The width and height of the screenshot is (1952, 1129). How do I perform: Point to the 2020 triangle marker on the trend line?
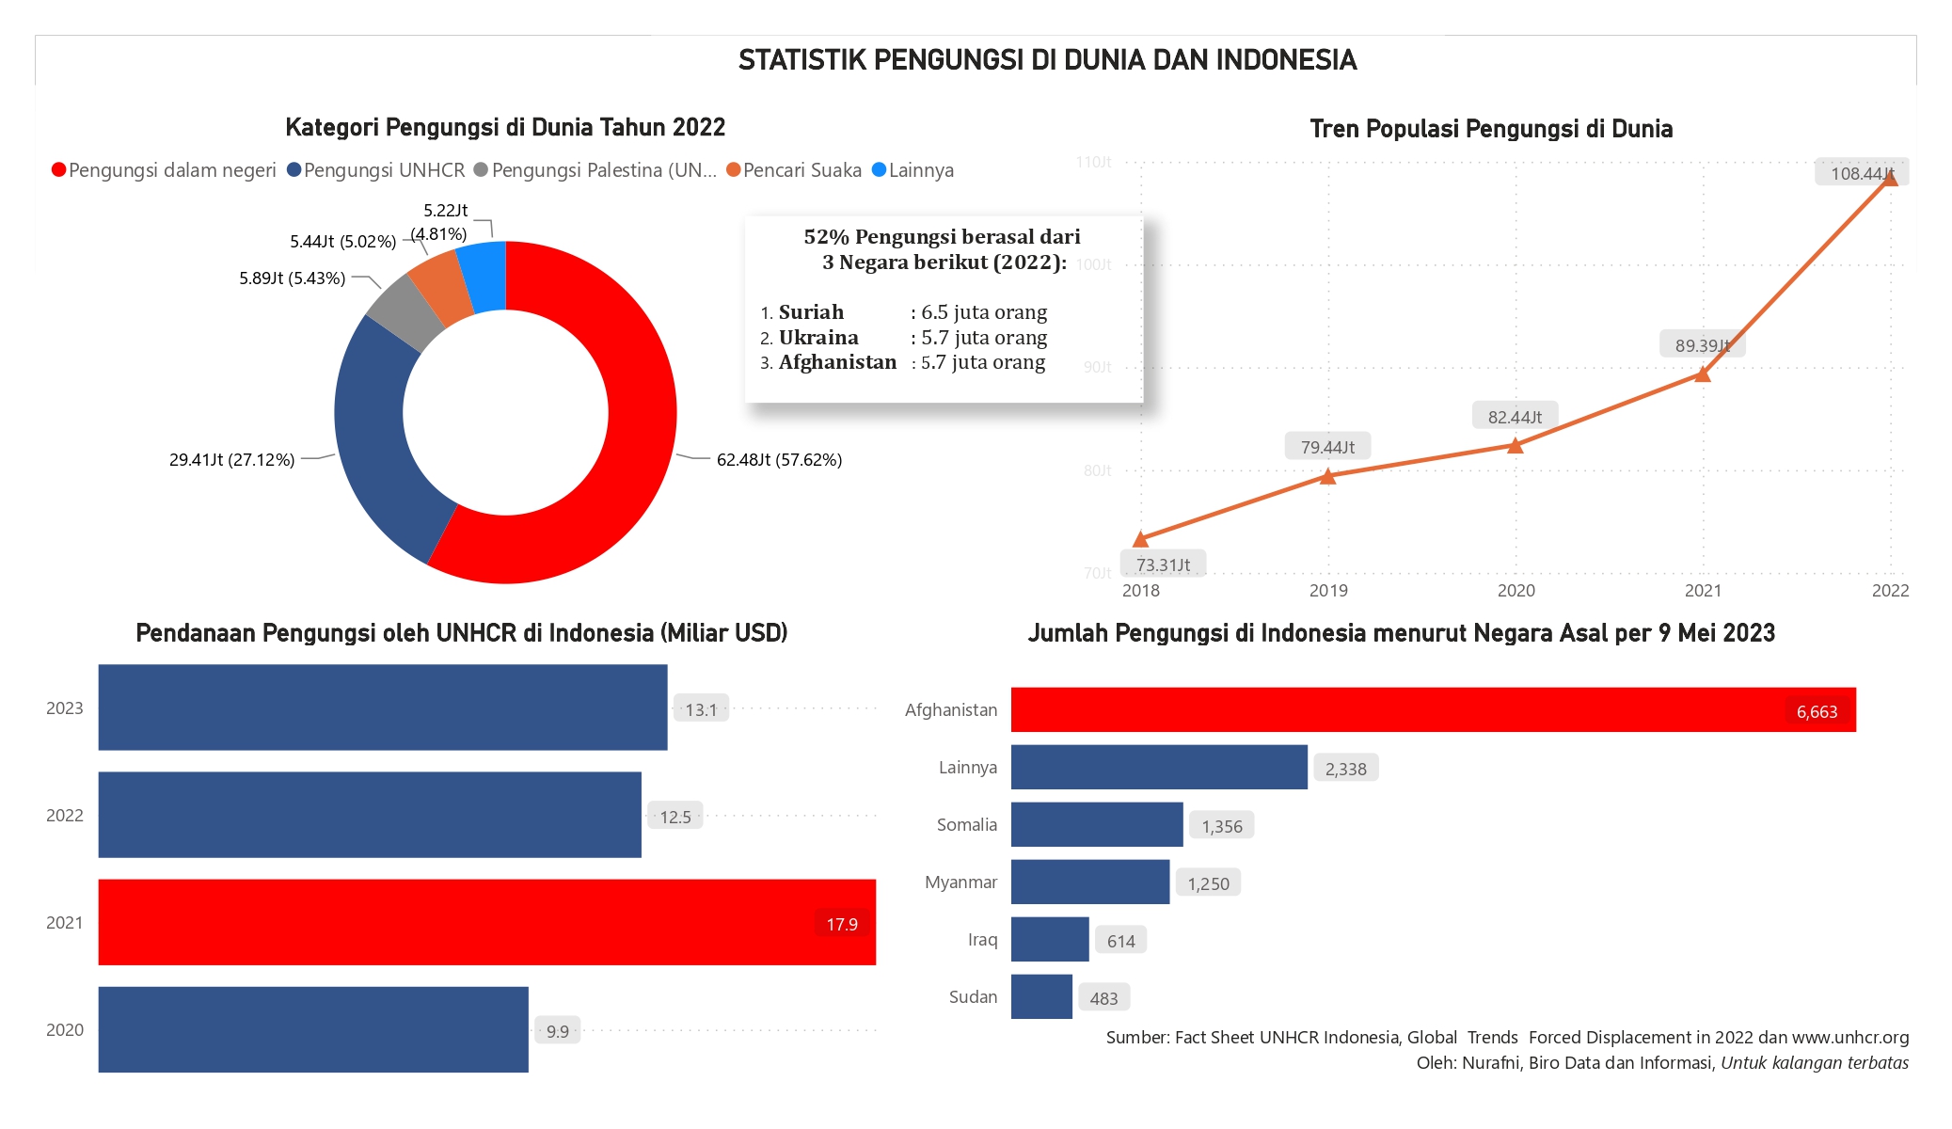[1515, 445]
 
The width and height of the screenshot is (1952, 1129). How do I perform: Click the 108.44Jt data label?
[1861, 173]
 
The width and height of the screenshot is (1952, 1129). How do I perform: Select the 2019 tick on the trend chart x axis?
[1328, 591]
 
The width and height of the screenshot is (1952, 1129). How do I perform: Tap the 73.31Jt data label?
[1163, 564]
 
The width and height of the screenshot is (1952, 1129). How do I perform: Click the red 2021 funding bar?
[486, 922]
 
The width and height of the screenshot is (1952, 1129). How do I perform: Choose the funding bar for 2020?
[313, 1029]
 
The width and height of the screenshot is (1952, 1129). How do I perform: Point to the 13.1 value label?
[701, 709]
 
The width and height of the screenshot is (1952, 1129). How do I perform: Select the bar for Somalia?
[1097, 824]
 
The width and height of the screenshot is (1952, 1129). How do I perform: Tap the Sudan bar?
[1041, 996]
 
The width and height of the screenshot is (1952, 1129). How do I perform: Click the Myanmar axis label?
[960, 883]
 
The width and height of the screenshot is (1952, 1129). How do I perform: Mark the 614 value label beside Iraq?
[1120, 941]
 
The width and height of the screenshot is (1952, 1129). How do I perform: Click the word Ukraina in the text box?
[818, 338]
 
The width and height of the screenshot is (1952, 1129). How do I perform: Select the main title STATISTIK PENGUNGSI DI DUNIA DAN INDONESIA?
[1047, 60]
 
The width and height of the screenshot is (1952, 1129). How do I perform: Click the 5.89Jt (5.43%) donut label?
[292, 278]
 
